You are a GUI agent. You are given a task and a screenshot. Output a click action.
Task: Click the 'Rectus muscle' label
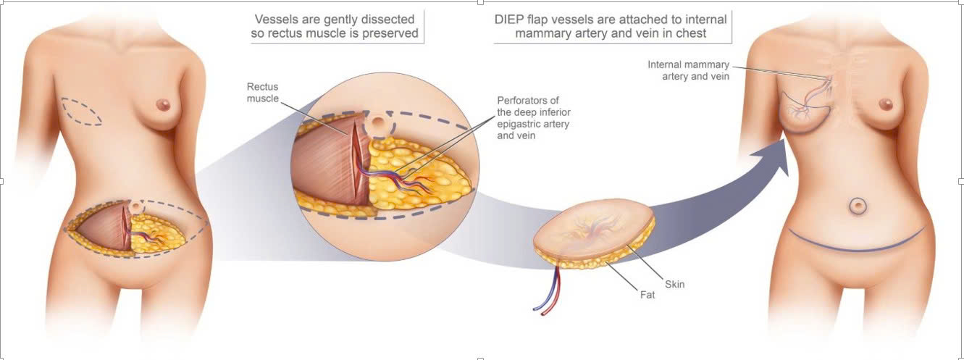point(262,93)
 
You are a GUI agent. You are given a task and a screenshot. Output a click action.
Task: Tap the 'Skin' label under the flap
point(674,284)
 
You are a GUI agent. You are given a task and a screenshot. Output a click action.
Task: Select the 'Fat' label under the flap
point(647,295)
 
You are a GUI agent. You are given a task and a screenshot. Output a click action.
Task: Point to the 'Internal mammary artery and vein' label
point(688,70)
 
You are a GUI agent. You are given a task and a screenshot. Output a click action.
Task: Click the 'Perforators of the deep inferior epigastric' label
point(533,117)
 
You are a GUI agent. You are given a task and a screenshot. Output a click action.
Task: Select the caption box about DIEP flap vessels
point(612,26)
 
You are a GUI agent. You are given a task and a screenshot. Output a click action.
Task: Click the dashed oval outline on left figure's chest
point(82,112)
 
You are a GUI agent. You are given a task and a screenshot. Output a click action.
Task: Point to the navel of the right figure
point(858,206)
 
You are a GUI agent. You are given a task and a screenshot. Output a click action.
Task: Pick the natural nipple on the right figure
point(887,104)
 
